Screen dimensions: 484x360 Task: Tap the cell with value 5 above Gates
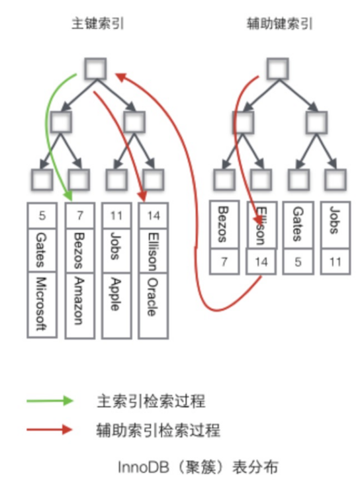point(43,216)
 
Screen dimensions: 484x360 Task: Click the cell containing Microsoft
point(43,302)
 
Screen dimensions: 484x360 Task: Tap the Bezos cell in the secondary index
point(224,224)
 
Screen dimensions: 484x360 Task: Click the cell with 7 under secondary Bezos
point(224,262)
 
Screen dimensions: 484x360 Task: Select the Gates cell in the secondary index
point(298,224)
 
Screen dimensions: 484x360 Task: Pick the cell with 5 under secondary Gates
point(298,262)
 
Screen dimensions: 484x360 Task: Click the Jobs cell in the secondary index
point(336,224)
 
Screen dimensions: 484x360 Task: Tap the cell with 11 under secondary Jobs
point(336,262)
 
